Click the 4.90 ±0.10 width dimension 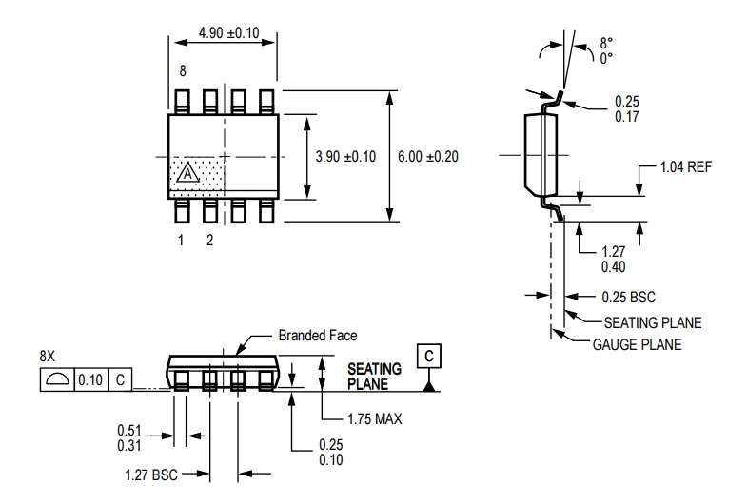point(229,33)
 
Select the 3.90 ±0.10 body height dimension point(345,157)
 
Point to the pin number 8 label point(181,71)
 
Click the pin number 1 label point(181,241)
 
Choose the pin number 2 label point(210,241)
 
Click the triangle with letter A point(188,173)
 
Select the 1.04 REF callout point(686,167)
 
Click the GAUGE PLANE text point(637,344)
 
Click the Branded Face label point(318,336)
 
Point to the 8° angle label point(606,42)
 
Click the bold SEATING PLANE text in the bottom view point(374,376)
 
